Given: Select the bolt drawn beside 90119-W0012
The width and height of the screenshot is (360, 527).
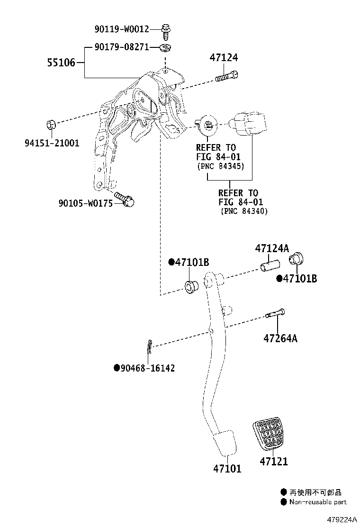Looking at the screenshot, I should (x=166, y=30).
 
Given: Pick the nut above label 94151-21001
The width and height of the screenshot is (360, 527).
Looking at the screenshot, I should (x=52, y=125).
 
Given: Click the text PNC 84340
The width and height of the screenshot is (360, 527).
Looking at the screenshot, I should (x=244, y=211).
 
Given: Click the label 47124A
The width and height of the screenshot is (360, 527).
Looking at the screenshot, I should (x=272, y=248).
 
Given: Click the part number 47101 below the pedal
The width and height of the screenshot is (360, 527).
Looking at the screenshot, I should (x=227, y=469).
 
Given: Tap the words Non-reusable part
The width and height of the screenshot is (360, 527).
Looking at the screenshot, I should (x=318, y=502).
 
